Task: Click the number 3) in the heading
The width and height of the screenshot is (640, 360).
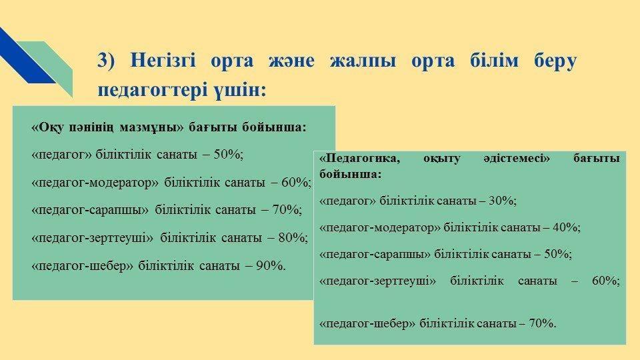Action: (x=107, y=61)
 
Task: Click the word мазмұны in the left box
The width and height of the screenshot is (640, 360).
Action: (x=152, y=127)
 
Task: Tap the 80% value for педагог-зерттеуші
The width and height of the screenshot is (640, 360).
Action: (x=293, y=237)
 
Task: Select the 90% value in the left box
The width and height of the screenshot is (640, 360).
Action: (x=271, y=266)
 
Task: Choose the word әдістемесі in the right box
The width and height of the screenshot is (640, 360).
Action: (x=517, y=159)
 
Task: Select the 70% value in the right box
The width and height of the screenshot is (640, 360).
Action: (x=543, y=324)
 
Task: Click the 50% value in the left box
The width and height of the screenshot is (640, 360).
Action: (x=229, y=154)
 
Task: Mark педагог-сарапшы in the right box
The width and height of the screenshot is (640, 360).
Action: (x=375, y=254)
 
